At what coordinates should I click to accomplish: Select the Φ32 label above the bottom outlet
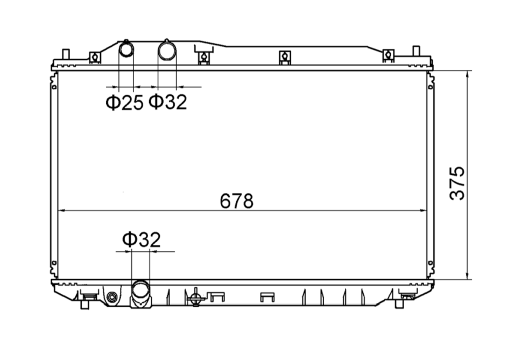point(142,239)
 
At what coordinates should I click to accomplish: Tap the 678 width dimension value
point(236,201)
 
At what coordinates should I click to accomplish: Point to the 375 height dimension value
point(457,183)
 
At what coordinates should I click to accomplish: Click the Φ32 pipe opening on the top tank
point(167,51)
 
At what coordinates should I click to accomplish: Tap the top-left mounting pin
point(66,54)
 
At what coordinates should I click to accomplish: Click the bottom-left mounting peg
point(84,304)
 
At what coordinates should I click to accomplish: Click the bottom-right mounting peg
point(399,304)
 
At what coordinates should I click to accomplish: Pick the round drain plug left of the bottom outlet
point(112,297)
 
